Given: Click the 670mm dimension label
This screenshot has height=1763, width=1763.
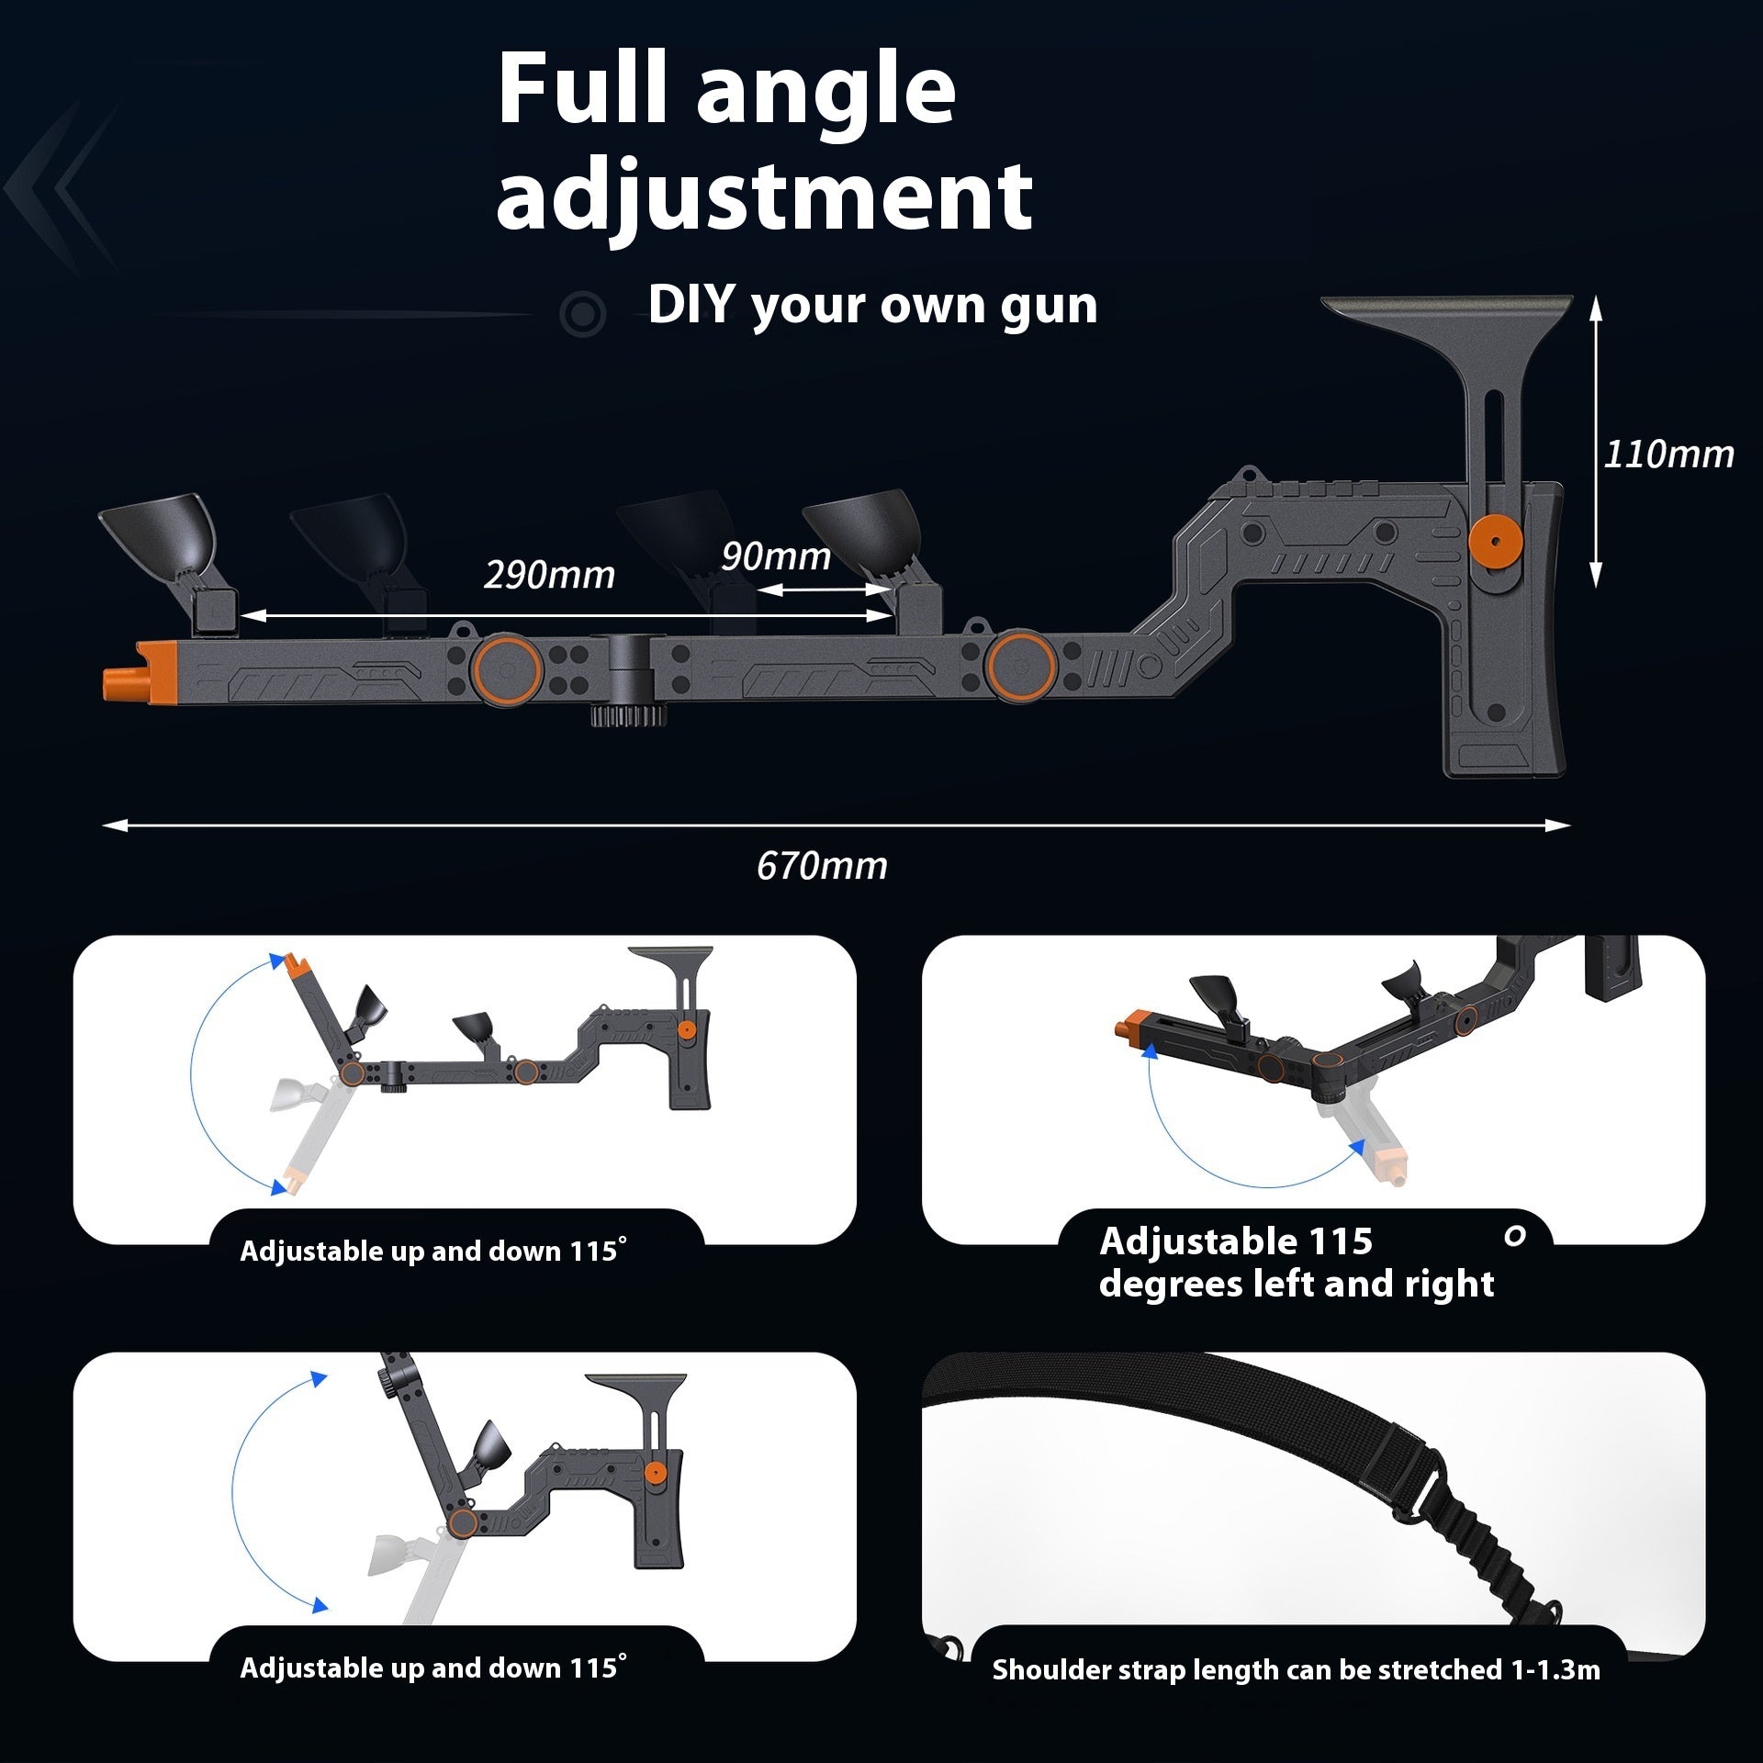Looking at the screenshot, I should (822, 866).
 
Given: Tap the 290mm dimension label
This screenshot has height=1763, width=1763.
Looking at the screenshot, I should (549, 575).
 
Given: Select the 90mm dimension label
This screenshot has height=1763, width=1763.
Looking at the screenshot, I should (775, 556).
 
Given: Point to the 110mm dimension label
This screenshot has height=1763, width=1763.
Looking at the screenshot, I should (1668, 455).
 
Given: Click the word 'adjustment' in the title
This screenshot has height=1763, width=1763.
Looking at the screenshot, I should (764, 196).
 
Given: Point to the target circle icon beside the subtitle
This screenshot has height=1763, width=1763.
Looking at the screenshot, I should (582, 314).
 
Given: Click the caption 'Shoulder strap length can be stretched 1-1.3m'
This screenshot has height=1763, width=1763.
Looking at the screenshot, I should (1296, 1669).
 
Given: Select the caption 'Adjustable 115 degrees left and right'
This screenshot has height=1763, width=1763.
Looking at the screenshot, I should (1296, 1263).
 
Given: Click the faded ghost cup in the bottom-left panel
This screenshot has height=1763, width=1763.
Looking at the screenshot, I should (392, 1554).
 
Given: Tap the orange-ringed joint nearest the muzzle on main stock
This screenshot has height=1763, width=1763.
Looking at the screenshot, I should (505, 668).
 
